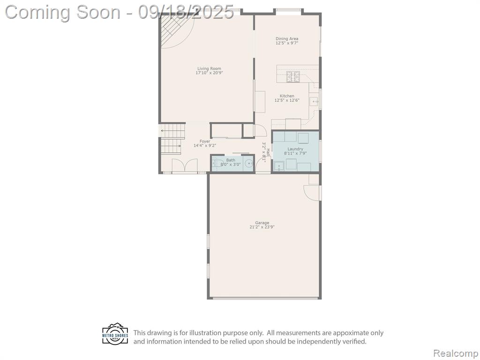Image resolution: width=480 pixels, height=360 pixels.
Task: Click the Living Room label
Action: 209,68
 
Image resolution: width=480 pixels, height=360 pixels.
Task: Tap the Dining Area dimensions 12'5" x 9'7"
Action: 287,43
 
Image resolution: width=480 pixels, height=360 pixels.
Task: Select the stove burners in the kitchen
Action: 293,76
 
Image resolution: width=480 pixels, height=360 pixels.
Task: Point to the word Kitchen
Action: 287,96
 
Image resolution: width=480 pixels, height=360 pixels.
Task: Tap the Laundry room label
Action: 295,149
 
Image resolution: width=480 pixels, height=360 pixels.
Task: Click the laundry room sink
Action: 279,166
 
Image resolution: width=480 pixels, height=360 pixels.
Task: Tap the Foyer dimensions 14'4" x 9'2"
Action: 205,145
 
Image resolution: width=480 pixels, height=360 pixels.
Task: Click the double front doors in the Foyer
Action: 184,166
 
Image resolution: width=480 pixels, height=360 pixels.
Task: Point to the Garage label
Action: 262,223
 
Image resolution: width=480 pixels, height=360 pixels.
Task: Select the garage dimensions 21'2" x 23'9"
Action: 262,227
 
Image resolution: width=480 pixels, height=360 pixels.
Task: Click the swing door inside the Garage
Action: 312,193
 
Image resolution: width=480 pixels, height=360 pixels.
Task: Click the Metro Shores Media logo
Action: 115,334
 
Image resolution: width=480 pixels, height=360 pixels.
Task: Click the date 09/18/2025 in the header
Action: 186,12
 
